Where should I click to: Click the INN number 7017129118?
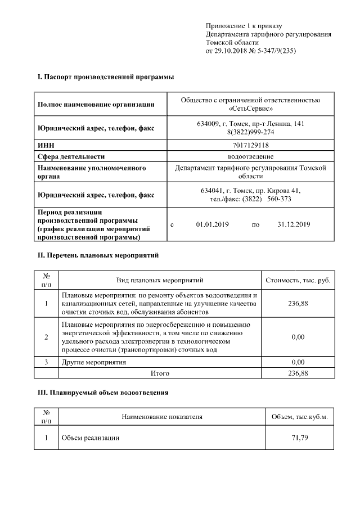[x=250, y=145]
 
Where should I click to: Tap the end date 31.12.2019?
[x=294, y=225]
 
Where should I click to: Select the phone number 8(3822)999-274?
[x=250, y=132]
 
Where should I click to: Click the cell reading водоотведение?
[x=250, y=156]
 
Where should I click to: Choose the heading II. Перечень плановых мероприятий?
[x=98, y=255]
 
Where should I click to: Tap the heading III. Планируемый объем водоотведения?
[x=103, y=391]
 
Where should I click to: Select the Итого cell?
[x=160, y=373]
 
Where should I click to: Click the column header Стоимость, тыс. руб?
[x=297, y=280]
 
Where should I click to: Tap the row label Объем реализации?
[x=90, y=438]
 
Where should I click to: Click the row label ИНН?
[x=45, y=145]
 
